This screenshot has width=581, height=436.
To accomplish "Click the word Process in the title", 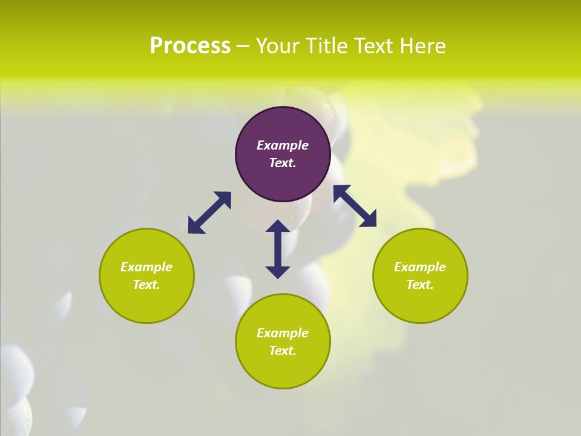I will pyautogui.click(x=190, y=46).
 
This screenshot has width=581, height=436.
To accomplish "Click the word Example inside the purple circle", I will pyautogui.click(x=283, y=145).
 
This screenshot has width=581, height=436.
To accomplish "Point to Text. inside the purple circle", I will pyautogui.click(x=283, y=163).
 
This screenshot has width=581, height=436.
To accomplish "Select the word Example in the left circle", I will pyautogui.click(x=146, y=267).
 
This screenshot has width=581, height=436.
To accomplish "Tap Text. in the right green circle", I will pyautogui.click(x=420, y=285).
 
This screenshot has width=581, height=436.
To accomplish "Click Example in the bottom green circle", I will pyautogui.click(x=283, y=333).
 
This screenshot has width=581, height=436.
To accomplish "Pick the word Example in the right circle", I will pyautogui.click(x=420, y=267).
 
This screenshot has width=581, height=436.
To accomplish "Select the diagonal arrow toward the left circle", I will pyautogui.click(x=209, y=213).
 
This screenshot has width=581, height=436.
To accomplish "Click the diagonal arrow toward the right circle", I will pyautogui.click(x=355, y=206).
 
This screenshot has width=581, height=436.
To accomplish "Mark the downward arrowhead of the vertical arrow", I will pyautogui.click(x=278, y=271).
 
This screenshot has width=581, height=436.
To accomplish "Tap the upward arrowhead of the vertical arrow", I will pyautogui.click(x=278, y=227).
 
